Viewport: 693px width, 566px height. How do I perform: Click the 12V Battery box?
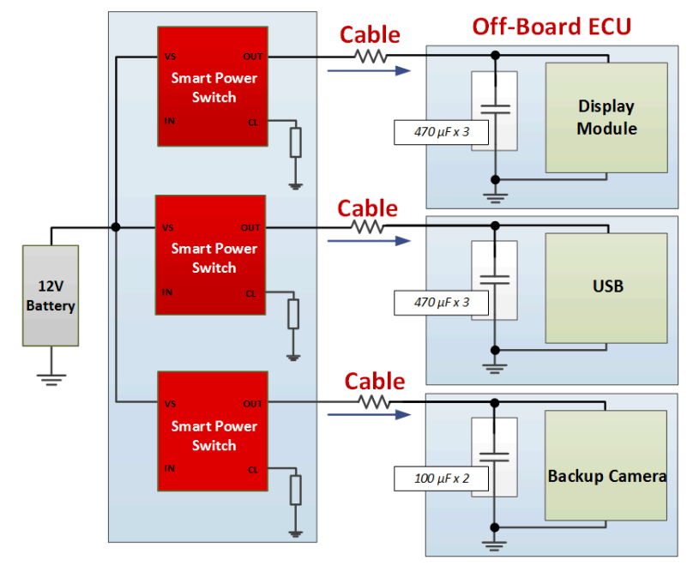pyautogui.click(x=51, y=296)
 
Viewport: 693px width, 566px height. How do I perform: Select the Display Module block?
pyautogui.click(x=606, y=117)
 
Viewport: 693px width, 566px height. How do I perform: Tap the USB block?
pyautogui.click(x=606, y=286)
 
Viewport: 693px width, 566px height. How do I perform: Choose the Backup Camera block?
pyautogui.click(x=606, y=476)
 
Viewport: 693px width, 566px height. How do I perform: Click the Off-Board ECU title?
pyautogui.click(x=551, y=27)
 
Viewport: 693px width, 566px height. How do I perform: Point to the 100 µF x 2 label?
pyautogui.click(x=441, y=479)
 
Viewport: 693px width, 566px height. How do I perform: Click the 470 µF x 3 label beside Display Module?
pyautogui.click(x=441, y=132)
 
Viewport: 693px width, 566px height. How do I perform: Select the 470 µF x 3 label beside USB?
pyautogui.click(x=441, y=303)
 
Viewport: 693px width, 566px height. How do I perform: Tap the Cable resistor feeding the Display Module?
pyautogui.click(x=371, y=57)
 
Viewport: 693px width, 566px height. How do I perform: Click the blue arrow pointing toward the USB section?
pyautogui.click(x=364, y=242)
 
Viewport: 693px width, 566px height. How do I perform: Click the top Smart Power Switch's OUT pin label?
pyautogui.click(x=253, y=57)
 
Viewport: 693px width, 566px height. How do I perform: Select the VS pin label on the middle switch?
pyautogui.click(x=170, y=228)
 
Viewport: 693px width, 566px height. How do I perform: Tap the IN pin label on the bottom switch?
pyautogui.click(x=170, y=468)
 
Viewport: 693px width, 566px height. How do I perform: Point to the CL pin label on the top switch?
pyautogui.click(x=253, y=122)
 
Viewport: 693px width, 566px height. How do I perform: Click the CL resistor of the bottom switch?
pyautogui.click(x=296, y=491)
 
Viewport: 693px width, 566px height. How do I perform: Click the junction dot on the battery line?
pyautogui.click(x=115, y=227)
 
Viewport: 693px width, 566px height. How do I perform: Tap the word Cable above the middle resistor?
pyautogui.click(x=368, y=208)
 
